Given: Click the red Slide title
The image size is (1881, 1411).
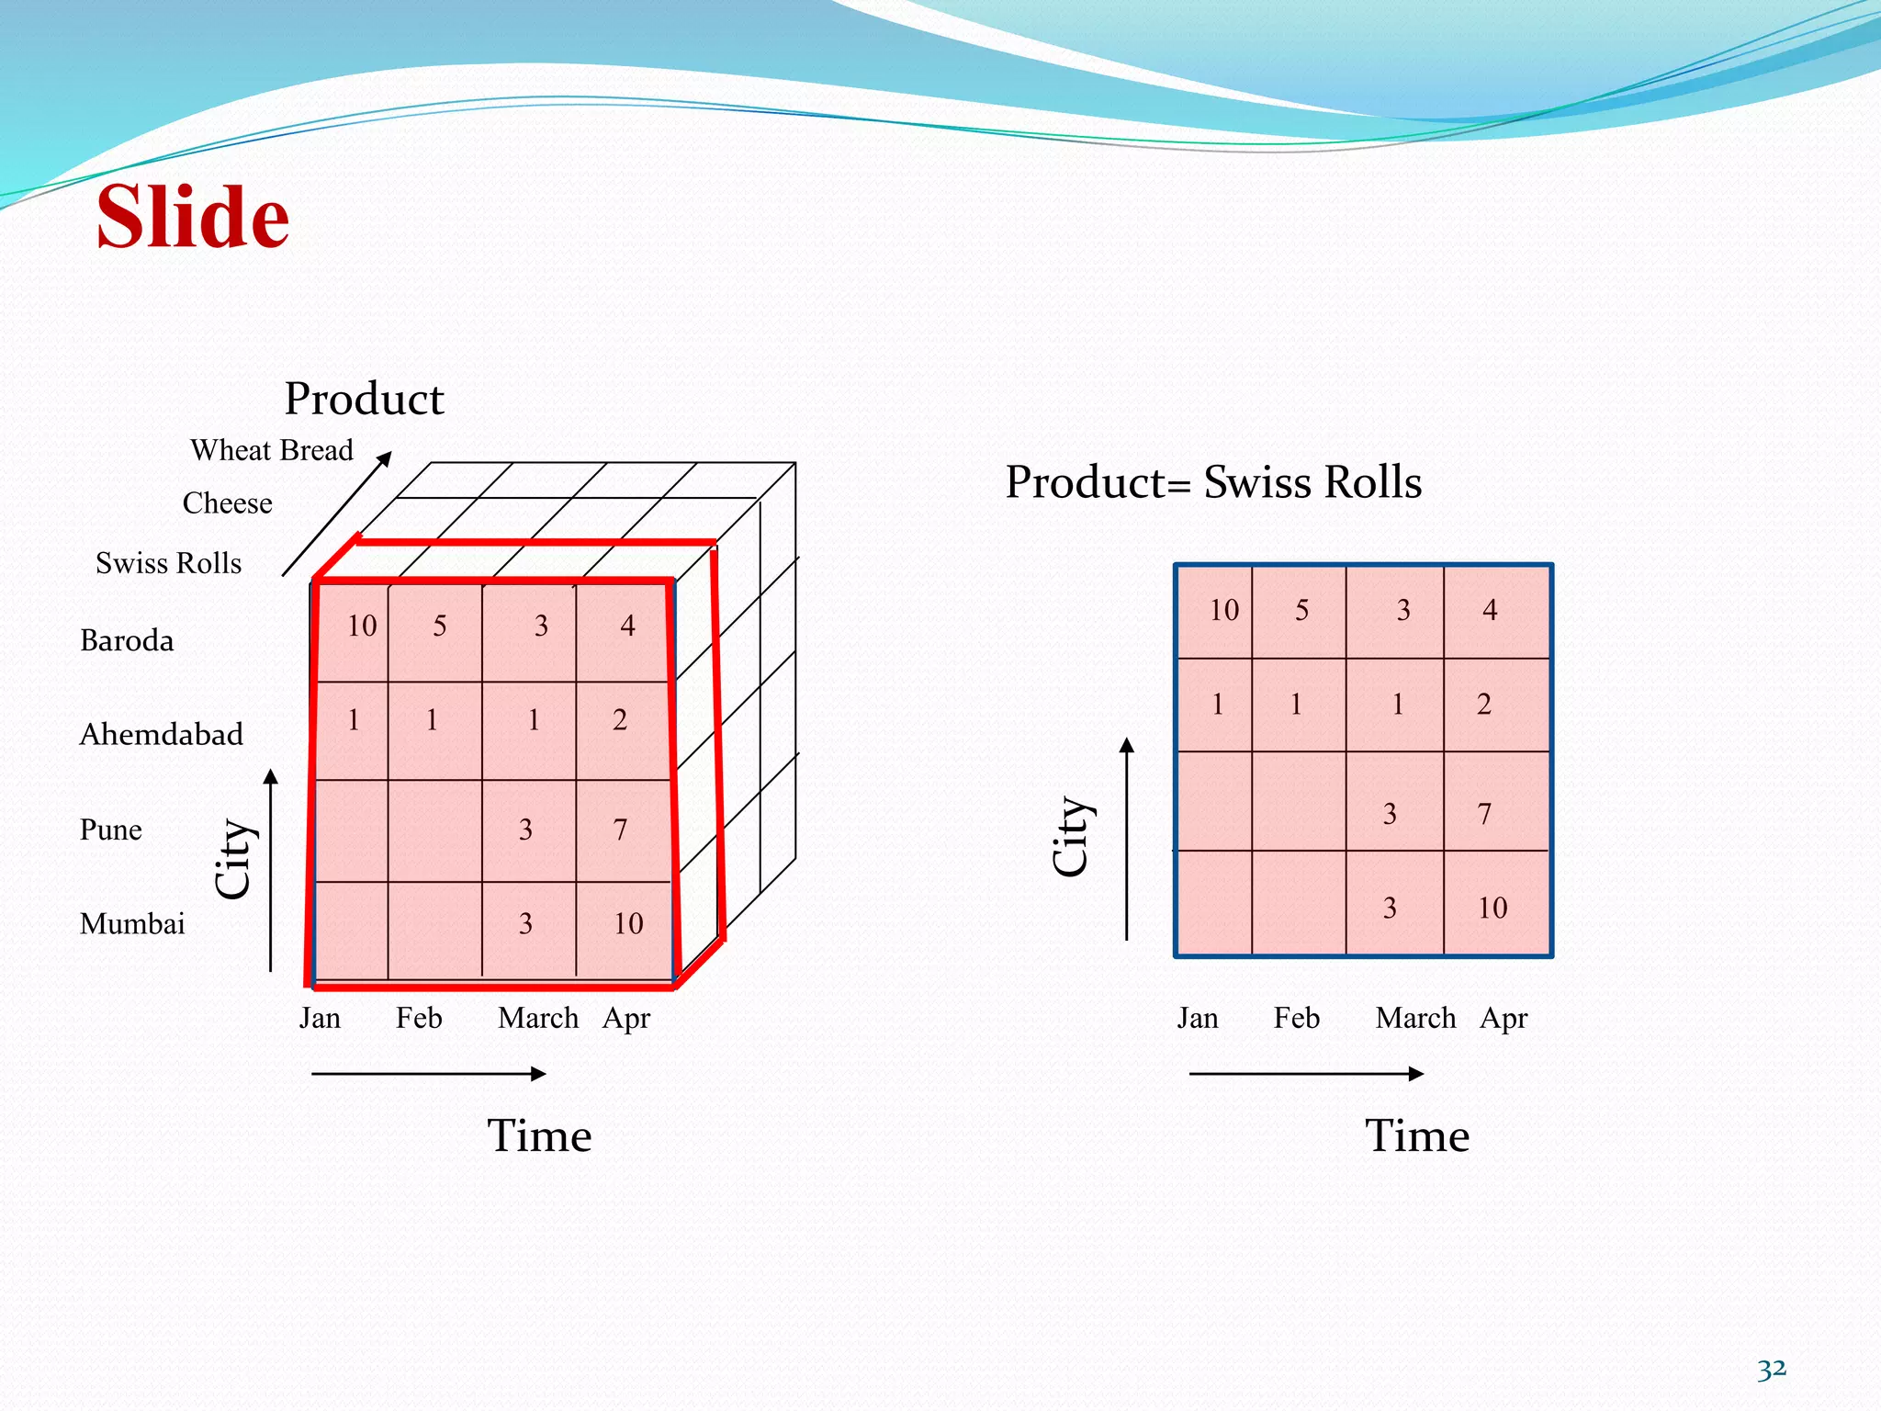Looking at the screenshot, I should tap(193, 217).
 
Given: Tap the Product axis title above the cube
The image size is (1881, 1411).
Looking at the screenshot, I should tap(364, 399).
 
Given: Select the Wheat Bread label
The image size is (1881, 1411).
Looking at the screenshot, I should tap(271, 450).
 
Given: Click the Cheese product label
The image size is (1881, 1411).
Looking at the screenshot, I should tap(227, 503).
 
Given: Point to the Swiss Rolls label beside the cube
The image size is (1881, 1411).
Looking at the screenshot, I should tap(168, 563).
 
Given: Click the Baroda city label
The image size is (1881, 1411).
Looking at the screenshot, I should tap(127, 640).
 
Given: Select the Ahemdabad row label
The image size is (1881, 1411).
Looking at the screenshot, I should tap(162, 734).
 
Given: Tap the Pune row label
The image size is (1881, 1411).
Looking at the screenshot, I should tap(111, 830).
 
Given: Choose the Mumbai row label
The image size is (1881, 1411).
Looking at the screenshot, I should tap(132, 923).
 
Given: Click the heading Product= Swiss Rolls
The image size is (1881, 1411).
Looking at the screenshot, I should tap(1213, 482).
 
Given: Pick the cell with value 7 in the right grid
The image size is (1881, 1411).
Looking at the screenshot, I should tap(1484, 814).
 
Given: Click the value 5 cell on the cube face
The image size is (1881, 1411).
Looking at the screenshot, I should tap(440, 626).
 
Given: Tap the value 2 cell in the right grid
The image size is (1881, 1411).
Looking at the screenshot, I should tap(1484, 705).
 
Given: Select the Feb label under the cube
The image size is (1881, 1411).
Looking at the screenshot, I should tap(419, 1018).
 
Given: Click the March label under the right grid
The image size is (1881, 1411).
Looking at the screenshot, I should tap(1415, 1018).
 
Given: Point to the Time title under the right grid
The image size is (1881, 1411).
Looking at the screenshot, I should tap(1416, 1136).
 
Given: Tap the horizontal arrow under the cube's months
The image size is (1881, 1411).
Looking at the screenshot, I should tap(429, 1074).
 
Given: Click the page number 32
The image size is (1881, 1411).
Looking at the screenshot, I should tap(1771, 1370).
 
